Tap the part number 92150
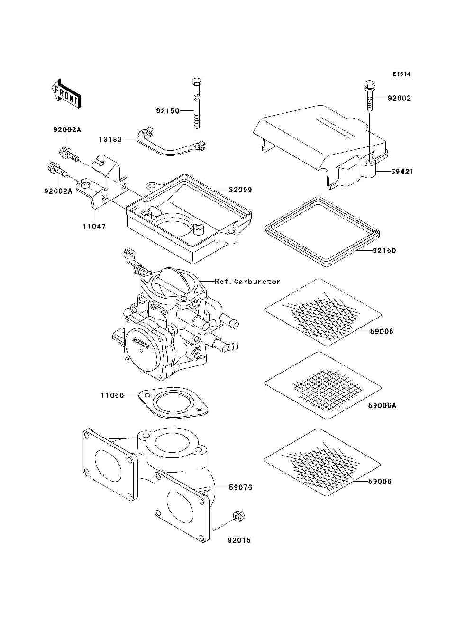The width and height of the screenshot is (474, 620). (x=168, y=111)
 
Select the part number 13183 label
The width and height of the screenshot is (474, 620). (x=110, y=139)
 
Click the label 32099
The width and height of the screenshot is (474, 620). (x=240, y=190)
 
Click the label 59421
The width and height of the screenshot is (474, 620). (x=402, y=171)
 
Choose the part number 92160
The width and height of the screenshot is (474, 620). (x=384, y=250)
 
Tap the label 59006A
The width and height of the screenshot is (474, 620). (x=382, y=406)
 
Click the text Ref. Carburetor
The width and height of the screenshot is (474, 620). (x=247, y=281)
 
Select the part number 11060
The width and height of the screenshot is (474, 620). (x=112, y=395)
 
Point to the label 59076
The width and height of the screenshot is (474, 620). (x=240, y=487)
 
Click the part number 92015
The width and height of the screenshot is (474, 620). (x=239, y=540)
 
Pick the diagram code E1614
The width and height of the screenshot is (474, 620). (x=401, y=74)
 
